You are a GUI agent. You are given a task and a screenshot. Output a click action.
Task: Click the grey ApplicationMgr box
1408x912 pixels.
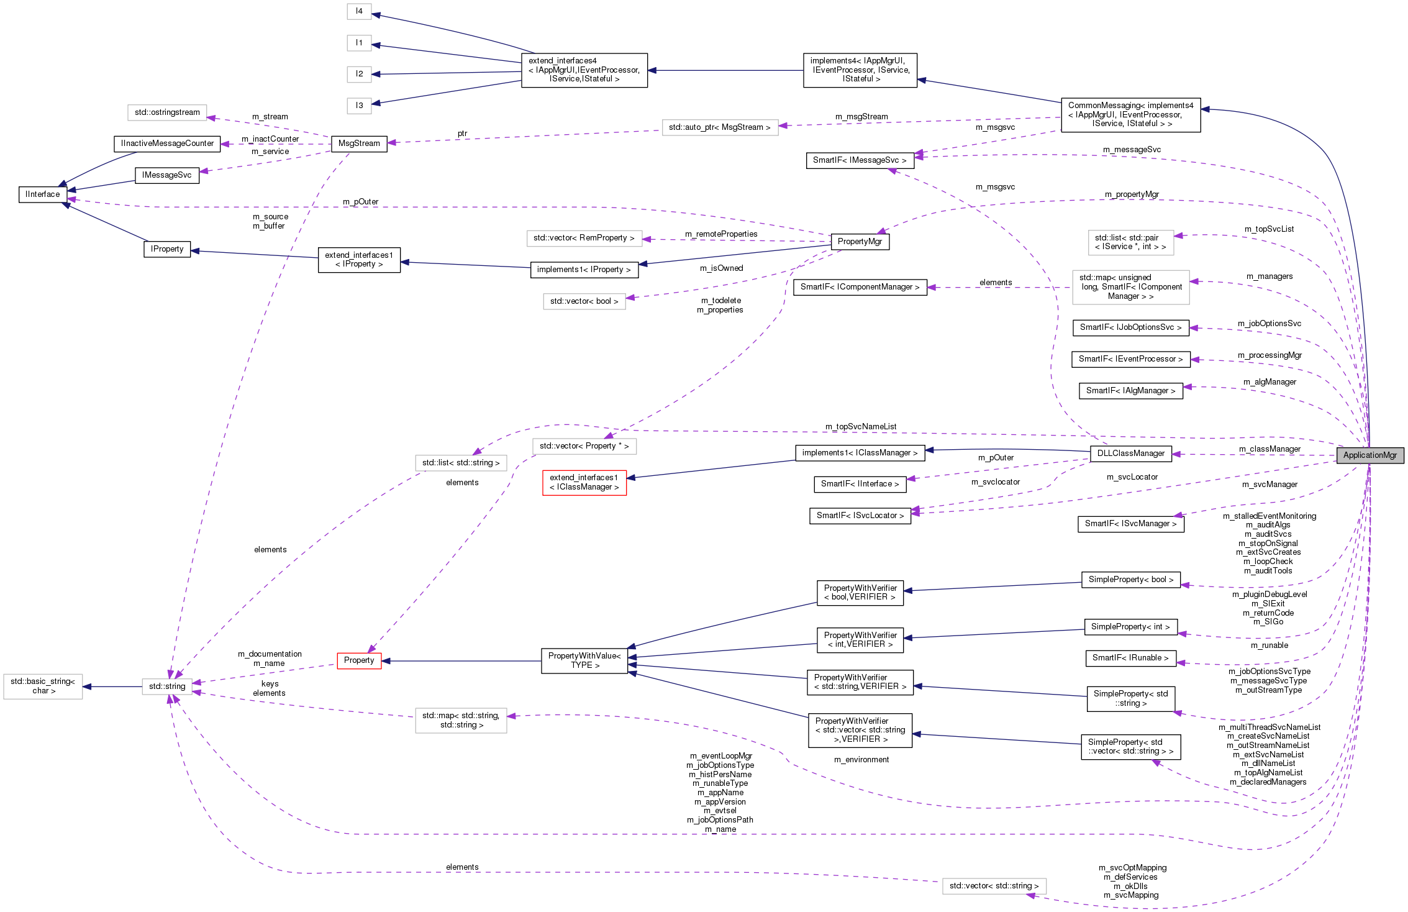click(x=1369, y=455)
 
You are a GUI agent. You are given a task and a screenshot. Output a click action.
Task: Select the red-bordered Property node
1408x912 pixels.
click(x=359, y=660)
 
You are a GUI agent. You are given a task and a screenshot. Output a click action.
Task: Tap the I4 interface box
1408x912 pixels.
click(x=359, y=11)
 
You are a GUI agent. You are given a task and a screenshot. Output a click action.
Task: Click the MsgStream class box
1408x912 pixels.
click(x=359, y=144)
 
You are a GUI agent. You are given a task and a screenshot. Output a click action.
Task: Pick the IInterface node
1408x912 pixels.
click(x=43, y=194)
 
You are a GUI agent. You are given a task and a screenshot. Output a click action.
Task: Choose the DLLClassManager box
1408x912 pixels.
click(x=1130, y=454)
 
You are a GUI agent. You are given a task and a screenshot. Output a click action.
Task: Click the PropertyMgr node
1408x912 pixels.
click(x=860, y=242)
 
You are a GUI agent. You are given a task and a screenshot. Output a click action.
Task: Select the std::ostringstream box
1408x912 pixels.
click(x=167, y=112)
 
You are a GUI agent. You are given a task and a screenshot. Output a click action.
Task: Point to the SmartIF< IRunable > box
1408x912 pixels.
click(x=1130, y=658)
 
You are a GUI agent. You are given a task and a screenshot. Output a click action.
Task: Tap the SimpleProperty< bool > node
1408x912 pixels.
click(x=1130, y=580)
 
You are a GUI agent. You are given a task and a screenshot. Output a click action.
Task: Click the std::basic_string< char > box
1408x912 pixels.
click(x=43, y=686)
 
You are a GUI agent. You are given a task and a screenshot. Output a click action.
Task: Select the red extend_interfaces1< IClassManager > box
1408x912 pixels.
click(x=584, y=483)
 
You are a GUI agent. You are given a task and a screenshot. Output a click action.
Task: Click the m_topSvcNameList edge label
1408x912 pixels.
click(x=860, y=427)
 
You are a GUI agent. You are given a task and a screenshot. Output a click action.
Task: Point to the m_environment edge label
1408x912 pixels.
click(x=861, y=760)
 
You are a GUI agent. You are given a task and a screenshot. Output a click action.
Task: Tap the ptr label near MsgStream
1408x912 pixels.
click(x=462, y=134)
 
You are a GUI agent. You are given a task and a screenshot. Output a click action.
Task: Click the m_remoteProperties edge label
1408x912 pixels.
click(x=720, y=234)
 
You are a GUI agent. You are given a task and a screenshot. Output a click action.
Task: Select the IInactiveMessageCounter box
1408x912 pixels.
click(x=167, y=144)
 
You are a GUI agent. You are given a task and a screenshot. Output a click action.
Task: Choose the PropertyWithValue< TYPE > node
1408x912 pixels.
click(x=584, y=660)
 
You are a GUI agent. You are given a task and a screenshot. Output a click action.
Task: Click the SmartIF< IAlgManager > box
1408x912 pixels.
click(x=1130, y=391)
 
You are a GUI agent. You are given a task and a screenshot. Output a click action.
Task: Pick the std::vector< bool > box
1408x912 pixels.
click(x=584, y=301)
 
